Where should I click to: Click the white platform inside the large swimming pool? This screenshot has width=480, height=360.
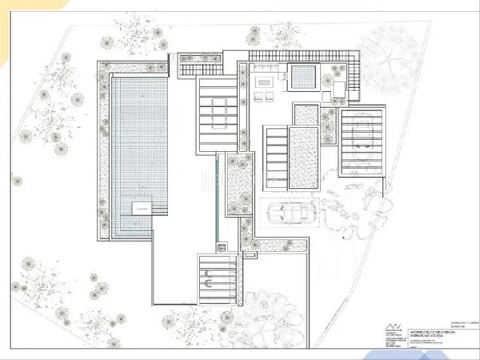coord(142,208)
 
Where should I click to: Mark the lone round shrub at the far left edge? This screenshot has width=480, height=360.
coord(17,181)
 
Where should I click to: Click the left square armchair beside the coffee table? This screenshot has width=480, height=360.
coord(258,96)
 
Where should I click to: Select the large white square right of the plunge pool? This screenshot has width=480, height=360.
coord(339,89)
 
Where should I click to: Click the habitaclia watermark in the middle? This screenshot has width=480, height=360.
coord(240,178)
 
